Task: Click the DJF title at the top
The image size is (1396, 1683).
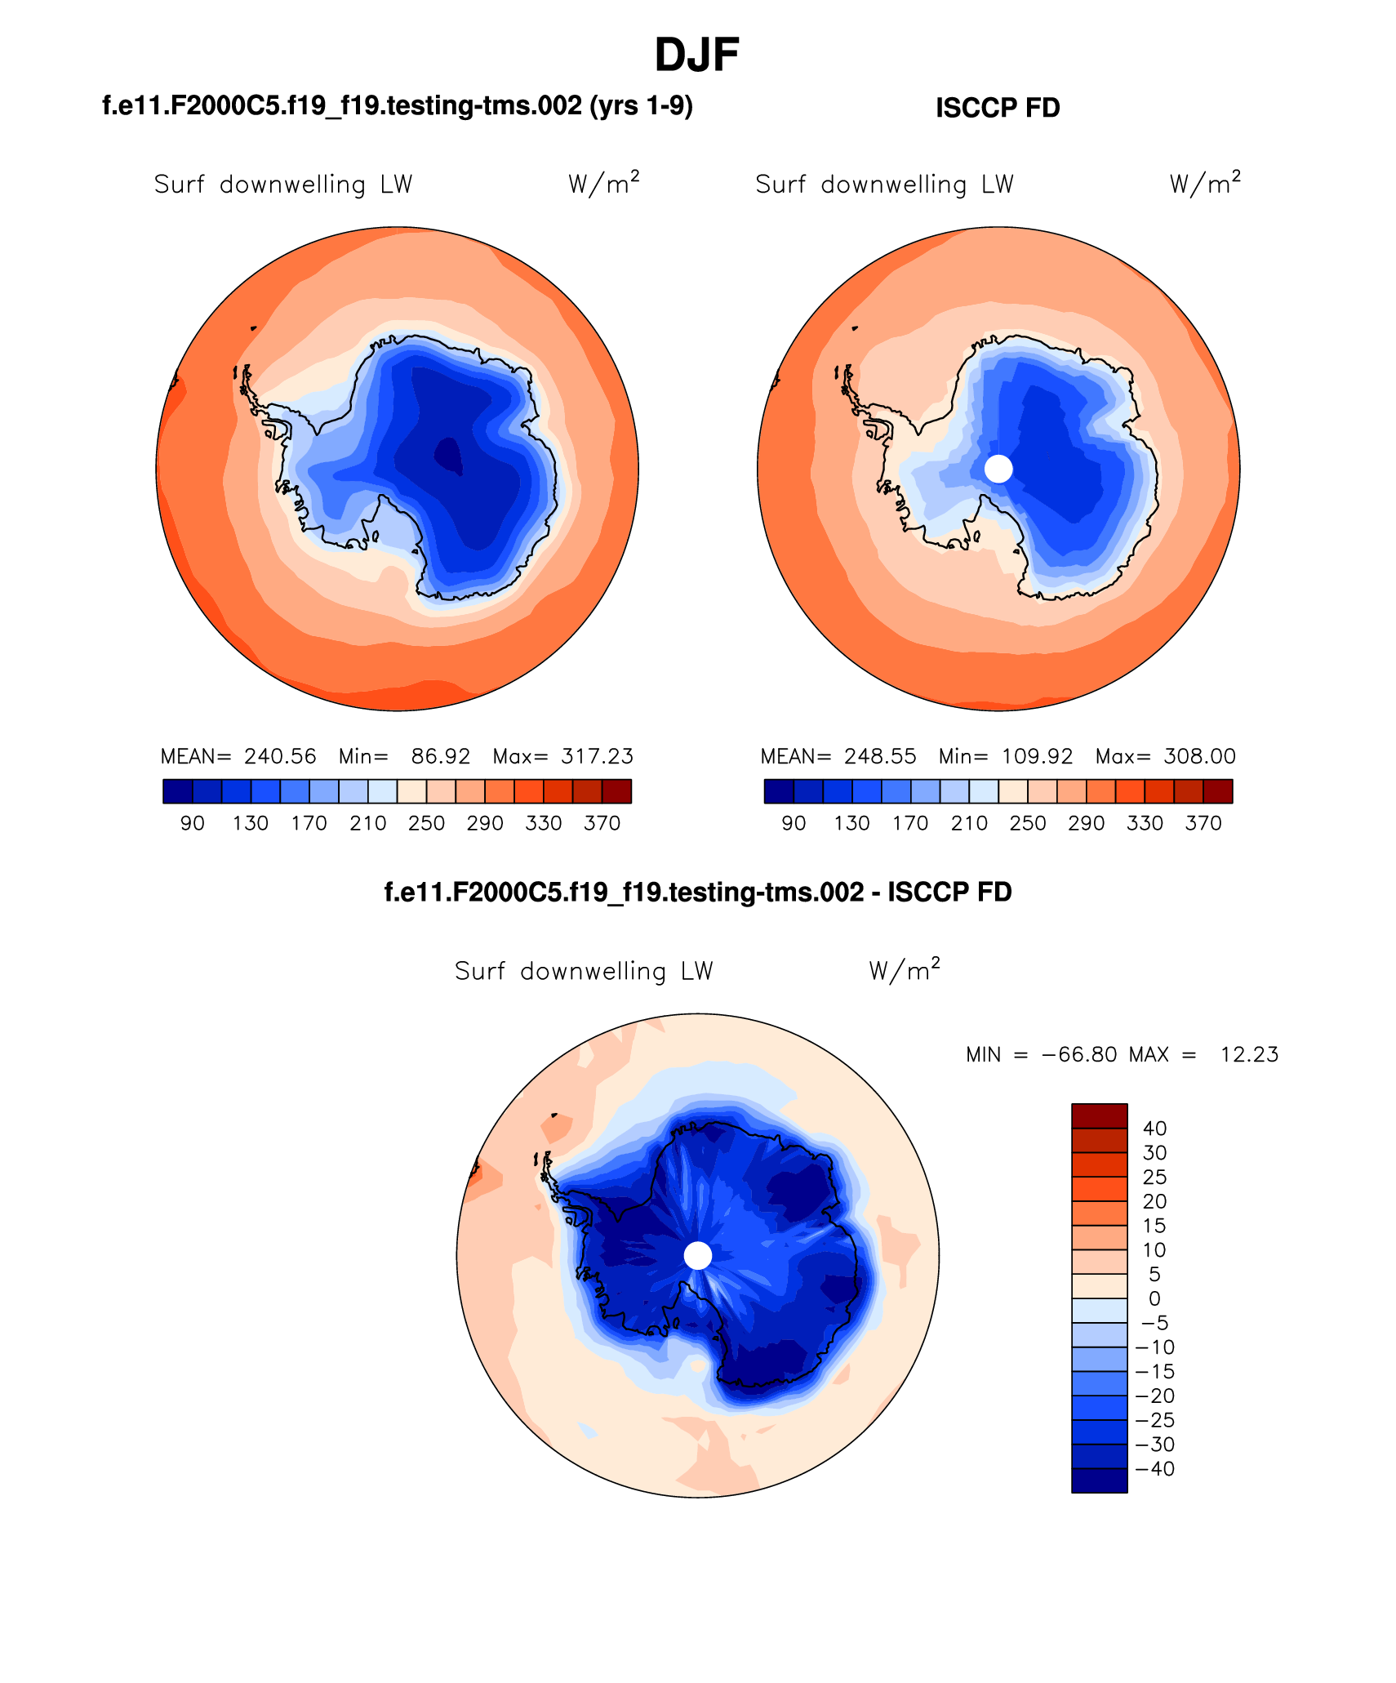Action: (x=696, y=56)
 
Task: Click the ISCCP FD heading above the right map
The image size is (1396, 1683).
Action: (x=997, y=108)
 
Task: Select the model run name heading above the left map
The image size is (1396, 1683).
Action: (x=397, y=106)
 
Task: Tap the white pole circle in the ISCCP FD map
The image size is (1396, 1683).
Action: (x=998, y=469)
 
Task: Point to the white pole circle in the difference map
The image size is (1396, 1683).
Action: (x=698, y=1255)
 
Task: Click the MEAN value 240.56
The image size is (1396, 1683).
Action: (x=280, y=756)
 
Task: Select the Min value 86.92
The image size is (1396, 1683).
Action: (x=440, y=756)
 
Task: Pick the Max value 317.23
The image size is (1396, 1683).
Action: (x=597, y=756)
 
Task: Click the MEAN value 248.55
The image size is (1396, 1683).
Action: (x=880, y=756)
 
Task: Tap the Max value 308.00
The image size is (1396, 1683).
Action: (x=1199, y=756)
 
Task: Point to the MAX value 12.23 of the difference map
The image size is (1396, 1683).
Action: (x=1249, y=1054)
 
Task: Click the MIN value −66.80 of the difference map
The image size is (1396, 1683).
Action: (x=1079, y=1054)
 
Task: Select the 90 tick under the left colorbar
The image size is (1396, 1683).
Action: (x=193, y=823)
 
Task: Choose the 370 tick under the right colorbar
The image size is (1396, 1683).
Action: (x=1203, y=823)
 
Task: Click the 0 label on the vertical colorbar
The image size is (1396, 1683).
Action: (x=1154, y=1298)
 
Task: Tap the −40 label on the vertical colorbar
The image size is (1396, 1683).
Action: (x=1155, y=1468)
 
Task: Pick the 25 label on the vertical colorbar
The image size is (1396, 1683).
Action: (x=1154, y=1177)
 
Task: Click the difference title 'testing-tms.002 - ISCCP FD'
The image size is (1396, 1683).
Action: (x=697, y=892)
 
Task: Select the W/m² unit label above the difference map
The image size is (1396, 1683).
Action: (x=904, y=970)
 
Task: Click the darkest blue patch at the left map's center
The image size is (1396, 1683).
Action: (x=448, y=456)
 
